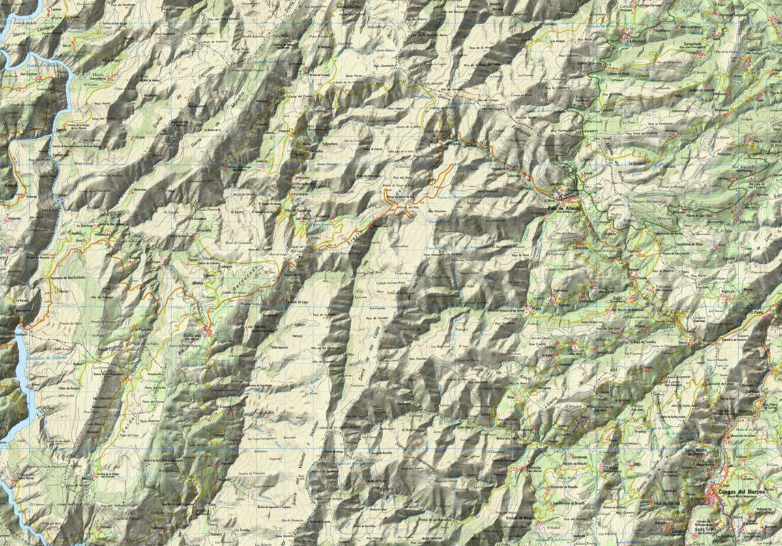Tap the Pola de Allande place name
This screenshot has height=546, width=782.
(x=563, y=208)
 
